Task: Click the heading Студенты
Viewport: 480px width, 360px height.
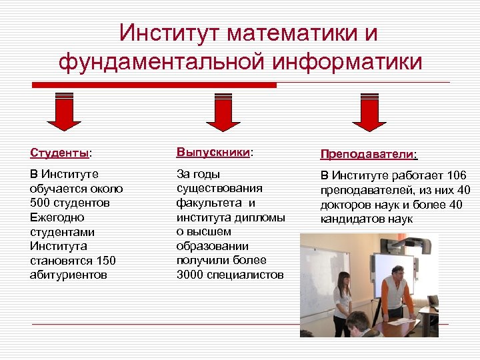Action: point(59,153)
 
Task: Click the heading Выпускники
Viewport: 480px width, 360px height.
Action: point(213,152)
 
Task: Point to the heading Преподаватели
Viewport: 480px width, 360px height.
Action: point(367,154)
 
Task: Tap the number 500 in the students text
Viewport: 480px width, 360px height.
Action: point(41,203)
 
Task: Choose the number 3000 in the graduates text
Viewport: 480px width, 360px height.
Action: point(190,275)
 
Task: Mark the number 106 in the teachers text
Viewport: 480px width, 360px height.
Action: point(457,175)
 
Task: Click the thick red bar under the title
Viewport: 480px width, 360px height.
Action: point(154,85)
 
